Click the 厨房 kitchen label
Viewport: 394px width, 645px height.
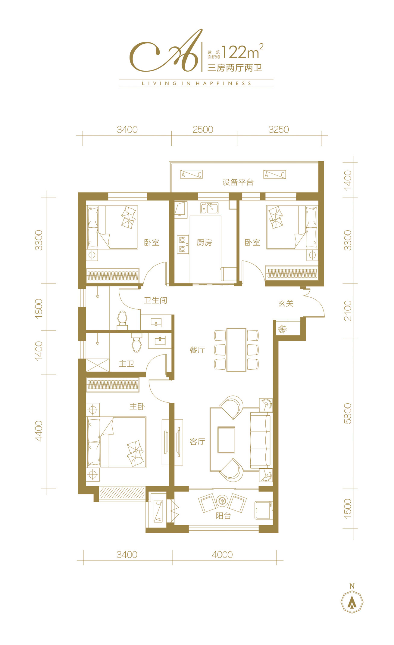tap(204, 242)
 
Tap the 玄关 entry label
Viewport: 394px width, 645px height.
tap(286, 303)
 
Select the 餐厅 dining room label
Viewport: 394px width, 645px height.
tap(197, 350)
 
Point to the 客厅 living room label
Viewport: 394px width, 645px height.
tap(197, 442)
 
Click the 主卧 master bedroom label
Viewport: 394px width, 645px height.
tap(137, 406)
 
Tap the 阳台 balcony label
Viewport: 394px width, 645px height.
tap(223, 516)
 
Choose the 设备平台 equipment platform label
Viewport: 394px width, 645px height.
tap(238, 182)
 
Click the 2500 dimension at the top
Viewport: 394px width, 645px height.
tap(203, 129)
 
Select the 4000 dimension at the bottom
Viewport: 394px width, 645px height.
tap(222, 554)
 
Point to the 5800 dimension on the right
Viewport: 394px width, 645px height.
tap(348, 413)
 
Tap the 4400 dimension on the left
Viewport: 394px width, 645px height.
tap(39, 431)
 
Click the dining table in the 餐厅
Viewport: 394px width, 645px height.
tap(236, 350)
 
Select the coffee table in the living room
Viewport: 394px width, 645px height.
tap(226, 440)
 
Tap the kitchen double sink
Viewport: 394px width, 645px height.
tap(209, 208)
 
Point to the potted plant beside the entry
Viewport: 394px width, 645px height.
tap(282, 329)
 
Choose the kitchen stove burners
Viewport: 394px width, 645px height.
tap(183, 244)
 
